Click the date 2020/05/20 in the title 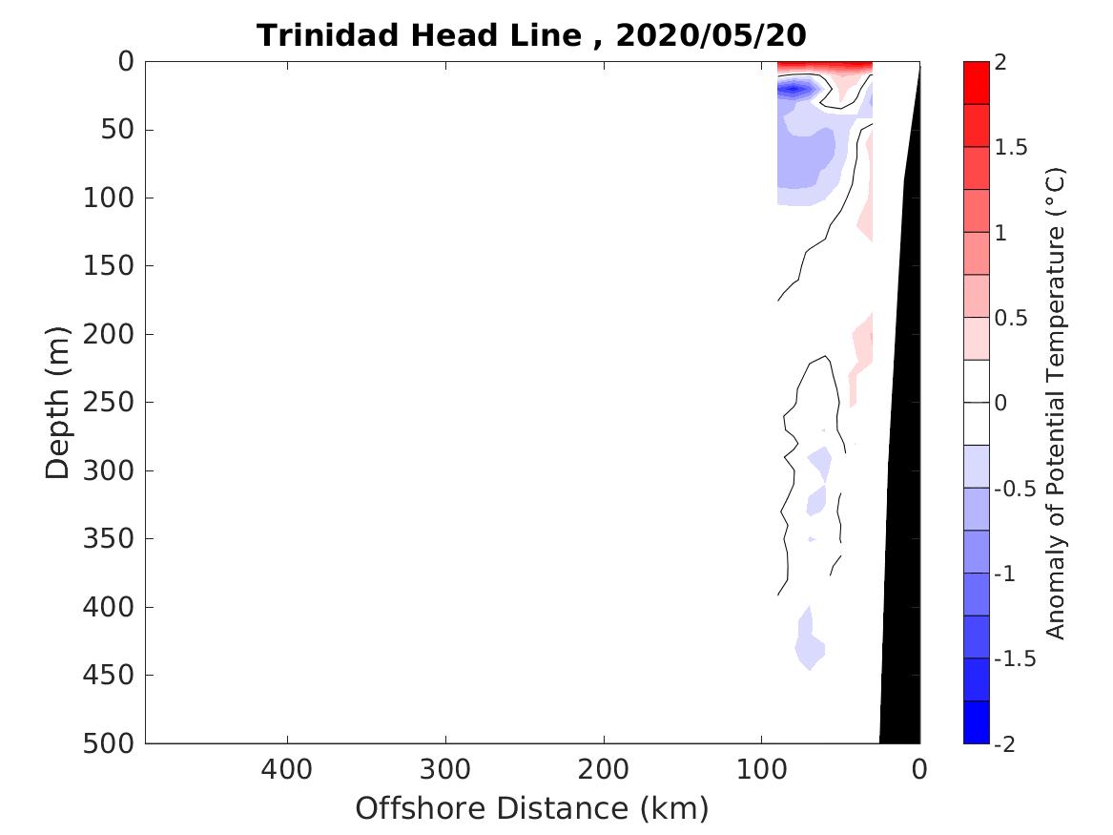point(711,35)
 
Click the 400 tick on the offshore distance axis point(287,768)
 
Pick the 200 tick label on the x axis point(603,768)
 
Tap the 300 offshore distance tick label point(444,768)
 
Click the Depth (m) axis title point(58,401)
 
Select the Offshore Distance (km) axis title point(532,808)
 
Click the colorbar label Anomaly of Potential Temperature point(1055,403)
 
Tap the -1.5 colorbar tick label point(1014,659)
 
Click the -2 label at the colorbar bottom point(1006,744)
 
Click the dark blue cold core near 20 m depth point(794,90)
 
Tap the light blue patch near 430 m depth point(808,644)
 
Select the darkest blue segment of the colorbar point(977,721)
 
